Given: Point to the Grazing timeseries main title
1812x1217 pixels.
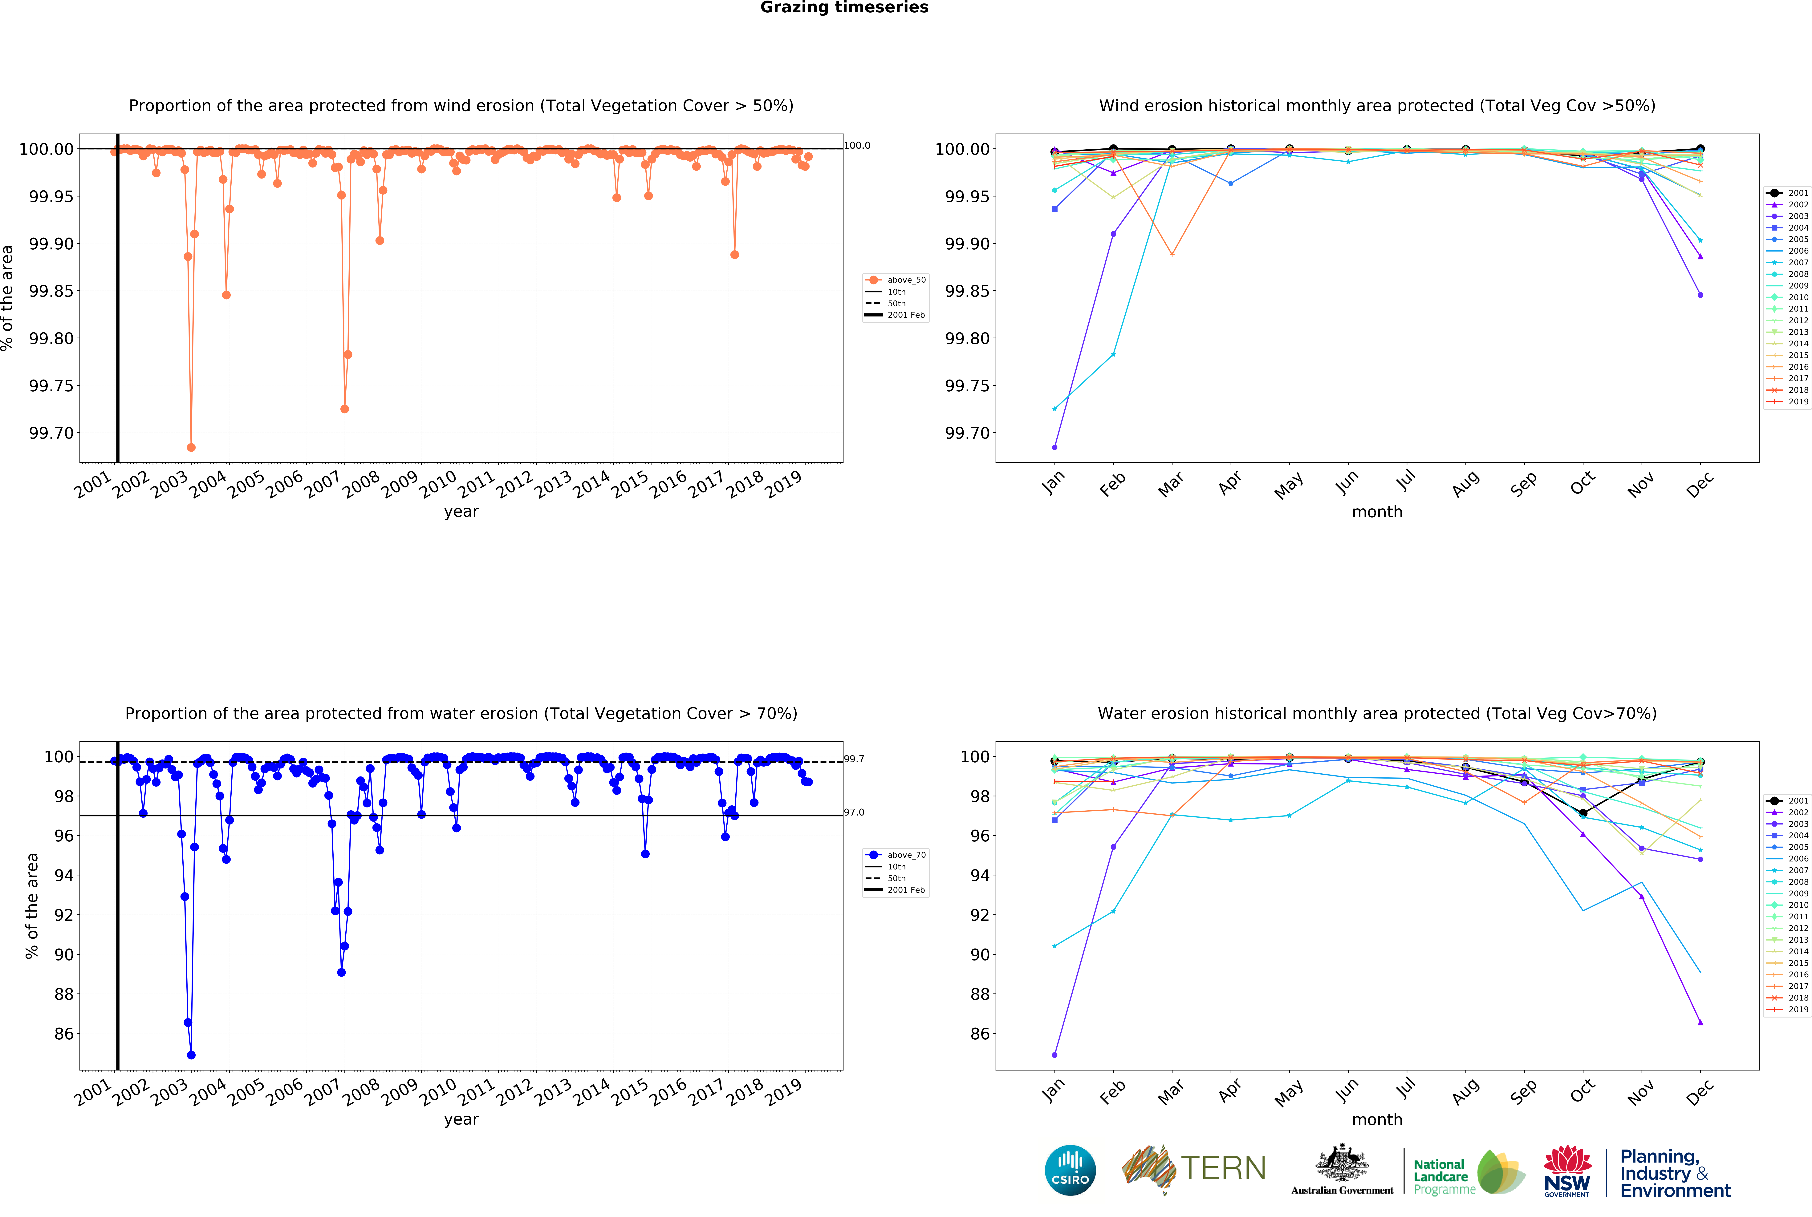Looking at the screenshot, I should click(x=844, y=8).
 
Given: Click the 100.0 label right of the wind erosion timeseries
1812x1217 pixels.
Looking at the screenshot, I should click(x=857, y=145).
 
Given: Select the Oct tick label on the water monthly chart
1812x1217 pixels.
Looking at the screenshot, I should click(x=1582, y=1090).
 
